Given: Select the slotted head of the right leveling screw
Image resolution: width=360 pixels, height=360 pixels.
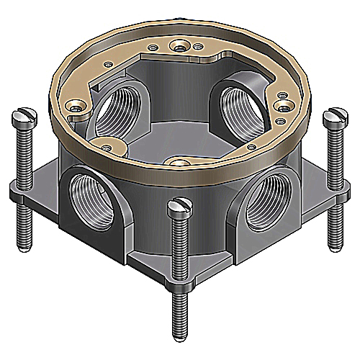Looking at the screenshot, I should pos(335,114).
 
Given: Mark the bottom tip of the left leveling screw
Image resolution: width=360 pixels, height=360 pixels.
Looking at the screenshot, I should pos(25,245).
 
